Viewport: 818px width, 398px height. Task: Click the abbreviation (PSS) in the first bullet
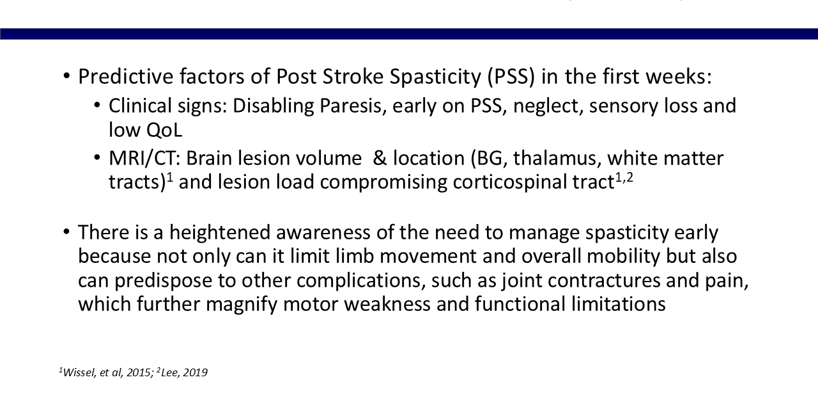511,77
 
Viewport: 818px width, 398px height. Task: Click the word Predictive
126,76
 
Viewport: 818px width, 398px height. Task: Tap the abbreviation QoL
164,130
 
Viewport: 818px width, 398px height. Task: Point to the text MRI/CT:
144,159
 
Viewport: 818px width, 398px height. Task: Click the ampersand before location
380,159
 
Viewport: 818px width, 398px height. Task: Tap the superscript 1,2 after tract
624,178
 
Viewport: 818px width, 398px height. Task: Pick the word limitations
619,304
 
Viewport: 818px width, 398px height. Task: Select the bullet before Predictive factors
66,76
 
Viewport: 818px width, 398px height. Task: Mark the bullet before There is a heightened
66,232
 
